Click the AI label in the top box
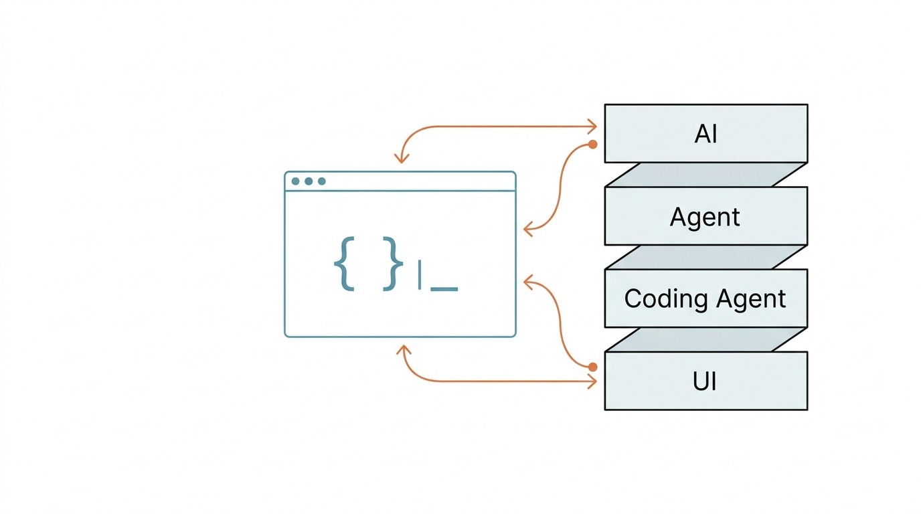(x=705, y=134)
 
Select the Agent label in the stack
(x=705, y=217)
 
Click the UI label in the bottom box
(x=705, y=381)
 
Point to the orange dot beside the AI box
(x=592, y=145)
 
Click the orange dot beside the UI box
(x=592, y=367)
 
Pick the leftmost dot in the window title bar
(x=295, y=181)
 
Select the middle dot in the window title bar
(x=309, y=181)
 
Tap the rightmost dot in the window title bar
(x=321, y=181)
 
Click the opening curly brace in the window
(x=344, y=264)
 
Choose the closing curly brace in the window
(x=393, y=264)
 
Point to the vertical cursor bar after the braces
(x=420, y=274)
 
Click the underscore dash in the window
(x=444, y=289)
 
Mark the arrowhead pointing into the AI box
(x=592, y=126)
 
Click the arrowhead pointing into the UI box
(x=592, y=381)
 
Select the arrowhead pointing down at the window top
(x=402, y=159)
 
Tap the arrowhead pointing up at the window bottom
(x=404, y=350)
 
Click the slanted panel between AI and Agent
(x=705, y=175)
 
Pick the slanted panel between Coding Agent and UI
(x=705, y=339)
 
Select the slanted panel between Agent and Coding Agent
(x=705, y=258)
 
